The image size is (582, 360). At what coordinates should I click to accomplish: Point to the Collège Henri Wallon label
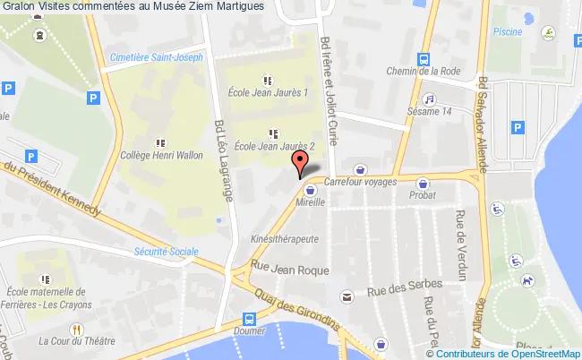tap(161, 155)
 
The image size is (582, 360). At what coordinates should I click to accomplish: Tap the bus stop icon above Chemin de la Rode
tap(422, 56)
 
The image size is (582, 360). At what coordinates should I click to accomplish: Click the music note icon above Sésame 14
tap(429, 99)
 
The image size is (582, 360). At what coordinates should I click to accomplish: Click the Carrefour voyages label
tap(358, 181)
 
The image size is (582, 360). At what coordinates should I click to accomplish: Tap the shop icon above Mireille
tap(311, 190)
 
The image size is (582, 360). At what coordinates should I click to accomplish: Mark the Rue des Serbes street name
tap(404, 287)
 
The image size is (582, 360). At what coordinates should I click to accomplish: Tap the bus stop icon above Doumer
tap(252, 318)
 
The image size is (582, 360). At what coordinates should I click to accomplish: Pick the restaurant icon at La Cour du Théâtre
tap(77, 328)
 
